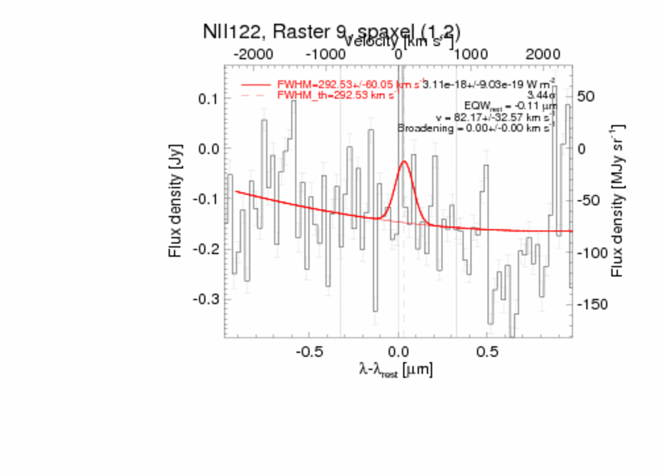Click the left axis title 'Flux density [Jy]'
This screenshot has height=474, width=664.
pyautogui.click(x=175, y=199)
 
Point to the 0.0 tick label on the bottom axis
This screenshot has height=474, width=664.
pyautogui.click(x=398, y=351)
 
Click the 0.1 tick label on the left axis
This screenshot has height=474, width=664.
pyautogui.click(x=208, y=98)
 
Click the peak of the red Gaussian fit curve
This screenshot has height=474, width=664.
pyautogui.click(x=404, y=161)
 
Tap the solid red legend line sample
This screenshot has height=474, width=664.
pyautogui.click(x=255, y=85)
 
